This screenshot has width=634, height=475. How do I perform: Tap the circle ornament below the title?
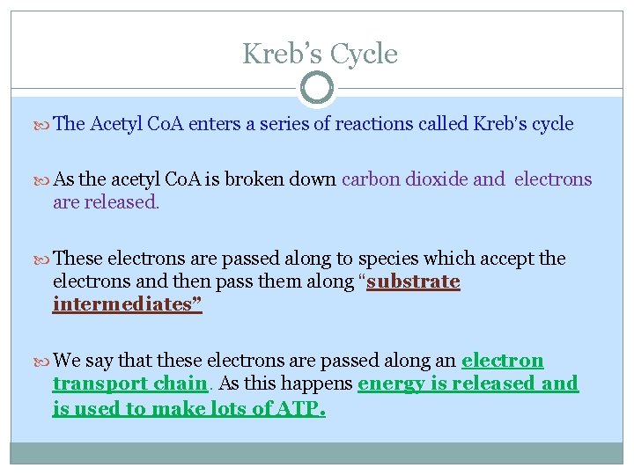(316, 88)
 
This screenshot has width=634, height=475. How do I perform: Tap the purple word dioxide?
(439, 179)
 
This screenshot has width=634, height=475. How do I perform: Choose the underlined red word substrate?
(414, 281)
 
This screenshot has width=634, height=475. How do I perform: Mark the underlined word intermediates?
(124, 304)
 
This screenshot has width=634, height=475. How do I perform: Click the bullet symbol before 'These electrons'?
(45, 259)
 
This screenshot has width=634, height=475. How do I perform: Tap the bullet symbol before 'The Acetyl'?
(45, 125)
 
